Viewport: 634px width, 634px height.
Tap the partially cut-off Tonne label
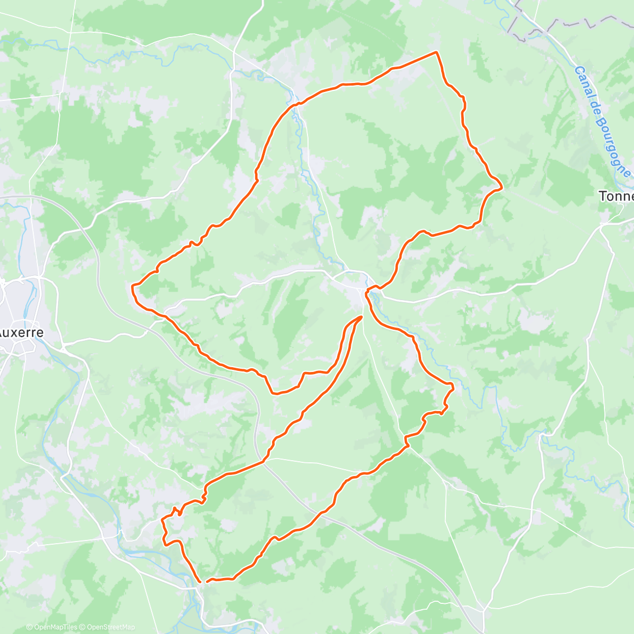click(x=616, y=196)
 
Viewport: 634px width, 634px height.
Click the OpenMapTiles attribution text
click(x=51, y=627)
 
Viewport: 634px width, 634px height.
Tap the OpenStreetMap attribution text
click(x=108, y=627)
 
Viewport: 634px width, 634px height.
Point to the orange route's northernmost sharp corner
click(x=436, y=52)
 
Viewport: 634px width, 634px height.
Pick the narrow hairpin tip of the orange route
click(x=361, y=316)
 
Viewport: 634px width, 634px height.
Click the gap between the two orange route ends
click(x=204, y=582)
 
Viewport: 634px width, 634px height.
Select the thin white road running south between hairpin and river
click(x=386, y=386)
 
